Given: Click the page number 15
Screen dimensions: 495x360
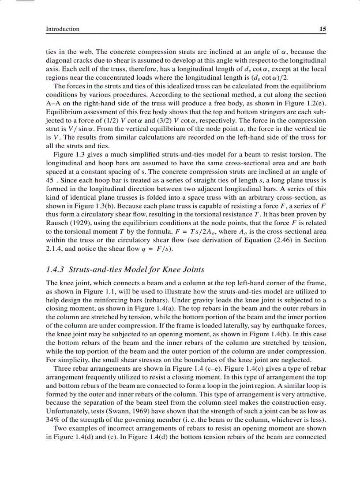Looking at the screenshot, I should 322,29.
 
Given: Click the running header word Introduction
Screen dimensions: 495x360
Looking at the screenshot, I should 63,29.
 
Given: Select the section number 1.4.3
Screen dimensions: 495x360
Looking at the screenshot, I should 56,270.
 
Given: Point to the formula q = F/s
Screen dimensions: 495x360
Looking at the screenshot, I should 158,248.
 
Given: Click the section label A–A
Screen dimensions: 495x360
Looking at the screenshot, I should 54,104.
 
